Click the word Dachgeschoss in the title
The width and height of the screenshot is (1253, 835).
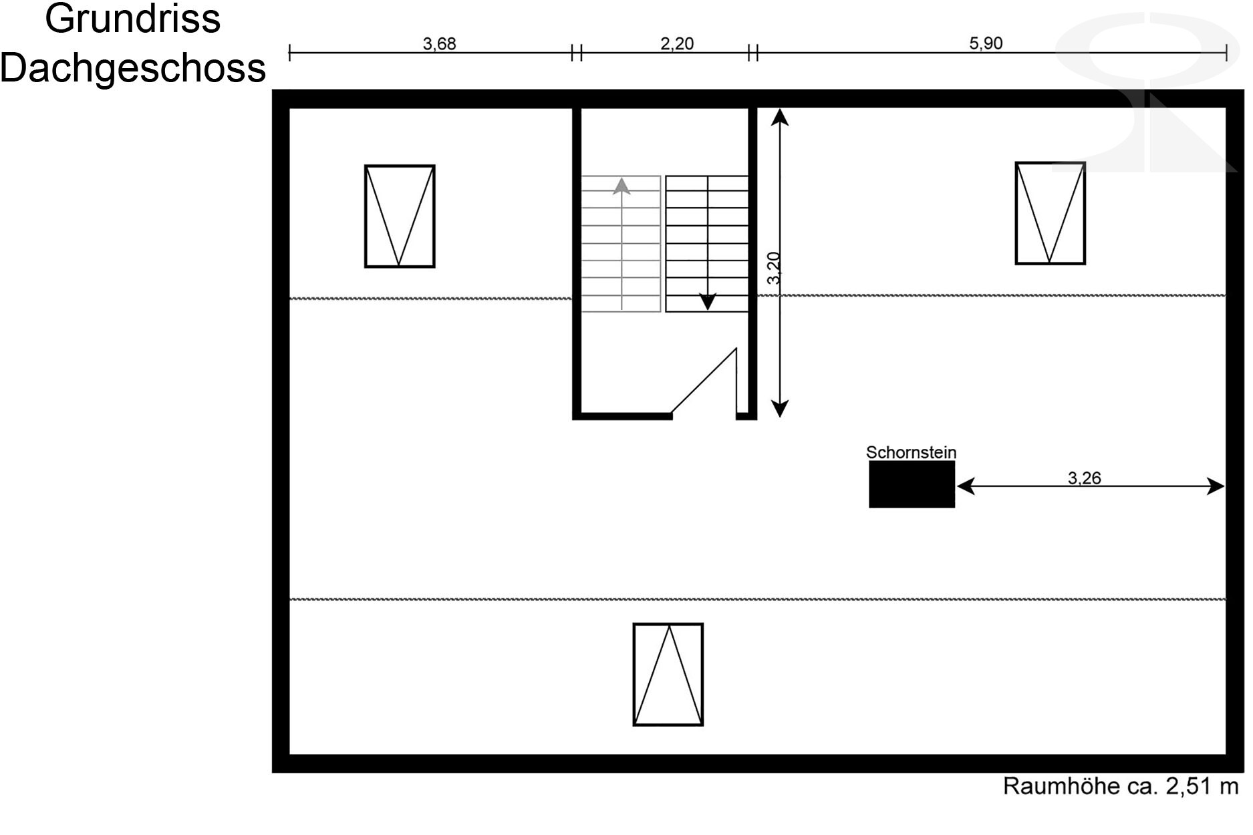(133, 68)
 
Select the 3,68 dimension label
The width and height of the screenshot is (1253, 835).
(439, 44)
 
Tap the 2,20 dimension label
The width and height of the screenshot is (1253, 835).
(677, 43)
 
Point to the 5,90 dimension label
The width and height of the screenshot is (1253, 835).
(986, 43)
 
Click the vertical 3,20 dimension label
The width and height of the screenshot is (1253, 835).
(774, 268)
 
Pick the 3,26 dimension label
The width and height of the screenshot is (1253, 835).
(1084, 478)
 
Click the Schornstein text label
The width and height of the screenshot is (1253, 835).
(911, 452)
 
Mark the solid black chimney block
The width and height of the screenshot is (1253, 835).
(912, 484)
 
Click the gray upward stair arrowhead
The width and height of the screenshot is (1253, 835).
(621, 186)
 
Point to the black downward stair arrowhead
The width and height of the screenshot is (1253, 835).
(707, 302)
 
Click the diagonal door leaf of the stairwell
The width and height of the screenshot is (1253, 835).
(704, 380)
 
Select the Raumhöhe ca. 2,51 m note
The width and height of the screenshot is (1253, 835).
(1121, 786)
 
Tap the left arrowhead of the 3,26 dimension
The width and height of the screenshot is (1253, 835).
(966, 486)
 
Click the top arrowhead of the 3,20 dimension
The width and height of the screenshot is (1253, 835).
(780, 117)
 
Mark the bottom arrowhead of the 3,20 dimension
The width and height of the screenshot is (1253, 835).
(780, 409)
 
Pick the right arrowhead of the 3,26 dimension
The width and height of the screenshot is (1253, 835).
(1216, 486)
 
